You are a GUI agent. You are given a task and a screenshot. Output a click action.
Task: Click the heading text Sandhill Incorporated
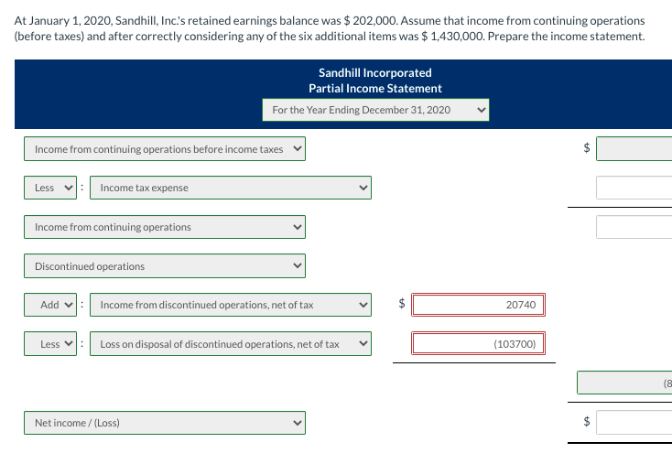click(374, 72)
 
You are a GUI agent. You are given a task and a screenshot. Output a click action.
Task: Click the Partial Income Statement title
click(374, 89)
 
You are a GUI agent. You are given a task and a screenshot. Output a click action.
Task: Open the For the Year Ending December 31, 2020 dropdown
click(374, 110)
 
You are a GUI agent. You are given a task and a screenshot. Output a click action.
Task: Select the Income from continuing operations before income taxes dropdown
click(165, 149)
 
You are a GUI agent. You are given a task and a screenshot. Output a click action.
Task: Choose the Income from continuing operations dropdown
click(165, 227)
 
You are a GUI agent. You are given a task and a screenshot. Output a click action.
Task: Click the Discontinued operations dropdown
click(165, 266)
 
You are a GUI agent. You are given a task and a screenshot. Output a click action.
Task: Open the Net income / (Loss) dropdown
click(165, 423)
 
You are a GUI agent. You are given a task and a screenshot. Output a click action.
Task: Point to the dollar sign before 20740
click(400, 304)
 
